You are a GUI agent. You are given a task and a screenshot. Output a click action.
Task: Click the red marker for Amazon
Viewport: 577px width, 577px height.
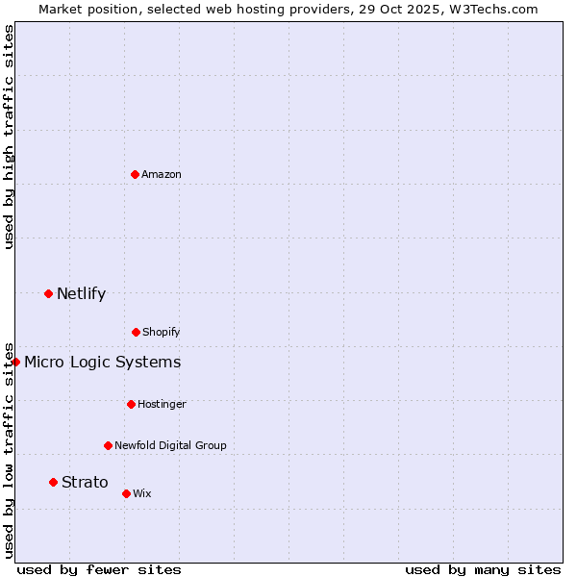pyautogui.click(x=135, y=174)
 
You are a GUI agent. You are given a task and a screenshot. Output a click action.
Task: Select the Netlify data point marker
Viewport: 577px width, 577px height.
pyautogui.click(x=48, y=293)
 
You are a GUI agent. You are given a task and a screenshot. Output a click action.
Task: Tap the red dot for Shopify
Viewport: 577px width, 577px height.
pyautogui.click(x=136, y=332)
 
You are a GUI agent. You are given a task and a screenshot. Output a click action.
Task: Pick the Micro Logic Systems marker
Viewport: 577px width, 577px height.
pyautogui.click(x=15, y=362)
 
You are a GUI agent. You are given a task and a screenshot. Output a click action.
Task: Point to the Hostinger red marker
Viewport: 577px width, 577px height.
pyautogui.click(x=131, y=404)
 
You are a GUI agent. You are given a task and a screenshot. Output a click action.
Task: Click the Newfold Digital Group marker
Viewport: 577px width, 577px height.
pyautogui.click(x=108, y=445)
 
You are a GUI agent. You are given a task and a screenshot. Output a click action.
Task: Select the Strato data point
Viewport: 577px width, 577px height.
pyautogui.click(x=53, y=482)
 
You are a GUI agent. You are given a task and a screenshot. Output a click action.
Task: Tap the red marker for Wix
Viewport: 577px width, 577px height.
pyautogui.click(x=126, y=493)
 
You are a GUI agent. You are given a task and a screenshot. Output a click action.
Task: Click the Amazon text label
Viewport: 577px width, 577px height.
pyautogui.click(x=162, y=174)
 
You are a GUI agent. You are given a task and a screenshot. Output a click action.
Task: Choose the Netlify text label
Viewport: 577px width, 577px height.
pyautogui.click(x=81, y=294)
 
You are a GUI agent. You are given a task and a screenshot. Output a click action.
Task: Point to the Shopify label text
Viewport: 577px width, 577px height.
pyautogui.click(x=162, y=332)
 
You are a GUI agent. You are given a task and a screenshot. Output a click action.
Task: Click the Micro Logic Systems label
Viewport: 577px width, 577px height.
pyautogui.click(x=102, y=363)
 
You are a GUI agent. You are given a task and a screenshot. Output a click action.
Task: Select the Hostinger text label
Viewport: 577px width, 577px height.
pyautogui.click(x=162, y=404)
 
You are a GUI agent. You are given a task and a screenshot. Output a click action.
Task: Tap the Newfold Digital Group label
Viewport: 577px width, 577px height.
pyautogui.click(x=170, y=445)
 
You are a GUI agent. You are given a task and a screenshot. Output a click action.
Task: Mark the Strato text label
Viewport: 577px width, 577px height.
pyautogui.click(x=85, y=483)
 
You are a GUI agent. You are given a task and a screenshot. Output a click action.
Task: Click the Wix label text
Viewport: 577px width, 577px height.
pyautogui.click(x=142, y=493)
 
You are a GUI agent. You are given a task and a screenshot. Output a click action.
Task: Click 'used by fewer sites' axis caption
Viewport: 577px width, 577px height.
pyautogui.click(x=99, y=569)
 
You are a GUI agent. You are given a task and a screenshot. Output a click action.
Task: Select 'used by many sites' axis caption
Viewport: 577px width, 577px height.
pyautogui.click(x=483, y=569)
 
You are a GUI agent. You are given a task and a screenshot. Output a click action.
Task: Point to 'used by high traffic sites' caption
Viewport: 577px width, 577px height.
pyautogui.click(x=9, y=137)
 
